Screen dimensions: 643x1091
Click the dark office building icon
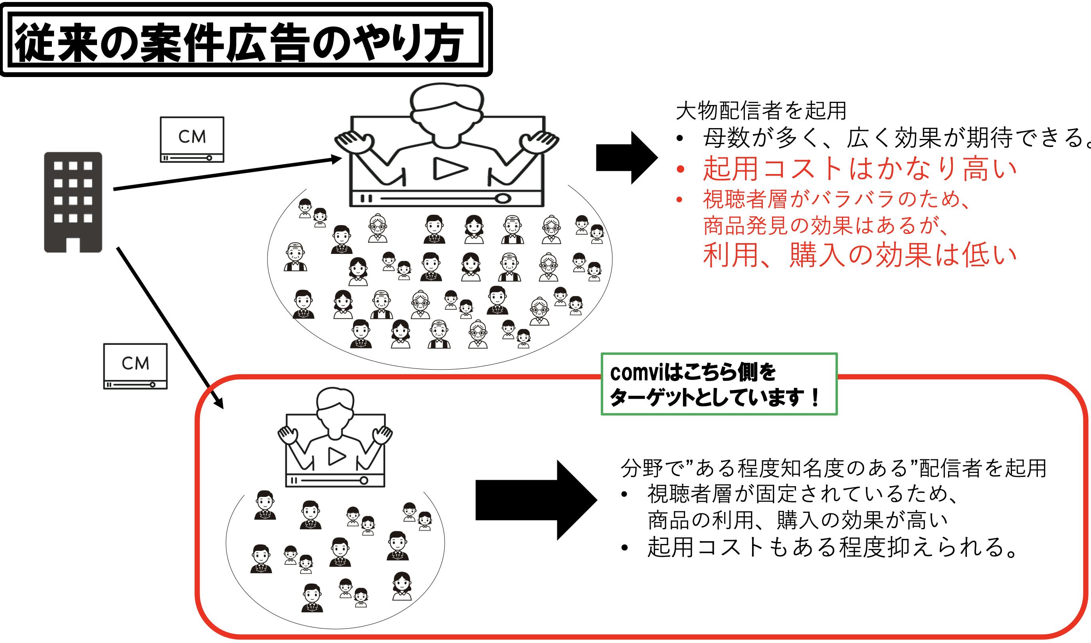73,202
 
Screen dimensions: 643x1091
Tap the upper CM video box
192,139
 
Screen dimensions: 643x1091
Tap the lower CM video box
135,366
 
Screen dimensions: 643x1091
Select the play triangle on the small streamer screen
337,456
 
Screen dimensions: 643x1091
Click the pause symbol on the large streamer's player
366,198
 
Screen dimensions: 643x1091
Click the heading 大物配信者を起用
761,111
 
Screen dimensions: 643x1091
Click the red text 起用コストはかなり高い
859,168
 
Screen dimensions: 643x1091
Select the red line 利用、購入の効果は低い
859,255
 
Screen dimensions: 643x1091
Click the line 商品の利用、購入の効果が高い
797,520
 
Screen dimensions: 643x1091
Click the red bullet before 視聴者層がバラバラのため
679,200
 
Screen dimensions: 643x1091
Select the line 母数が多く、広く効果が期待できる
893,138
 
